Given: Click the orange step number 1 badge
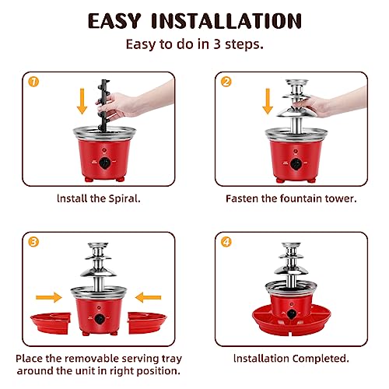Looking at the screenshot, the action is click(33, 82).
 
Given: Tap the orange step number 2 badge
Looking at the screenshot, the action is click(226, 82).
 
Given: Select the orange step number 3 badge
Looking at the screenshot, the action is click(33, 242).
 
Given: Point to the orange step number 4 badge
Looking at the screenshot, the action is click(226, 242).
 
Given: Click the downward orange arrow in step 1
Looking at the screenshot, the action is click(82, 101).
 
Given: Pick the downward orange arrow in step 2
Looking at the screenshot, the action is click(268, 101).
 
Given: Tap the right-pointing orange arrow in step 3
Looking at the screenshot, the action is click(49, 297).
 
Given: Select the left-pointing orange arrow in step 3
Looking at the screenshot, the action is click(149, 297).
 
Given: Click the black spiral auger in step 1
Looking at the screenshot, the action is click(103, 105).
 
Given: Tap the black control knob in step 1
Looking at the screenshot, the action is click(105, 163).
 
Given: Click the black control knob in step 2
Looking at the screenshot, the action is click(296, 164).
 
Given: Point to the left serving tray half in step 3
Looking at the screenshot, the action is click(51, 323).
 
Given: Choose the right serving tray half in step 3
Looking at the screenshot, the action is click(147, 323).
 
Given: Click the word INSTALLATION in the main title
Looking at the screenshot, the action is click(226, 21).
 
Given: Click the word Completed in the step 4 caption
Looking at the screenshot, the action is click(321, 359).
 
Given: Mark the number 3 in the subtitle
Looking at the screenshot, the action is click(217, 44).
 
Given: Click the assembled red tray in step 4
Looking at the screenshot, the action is click(292, 321).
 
